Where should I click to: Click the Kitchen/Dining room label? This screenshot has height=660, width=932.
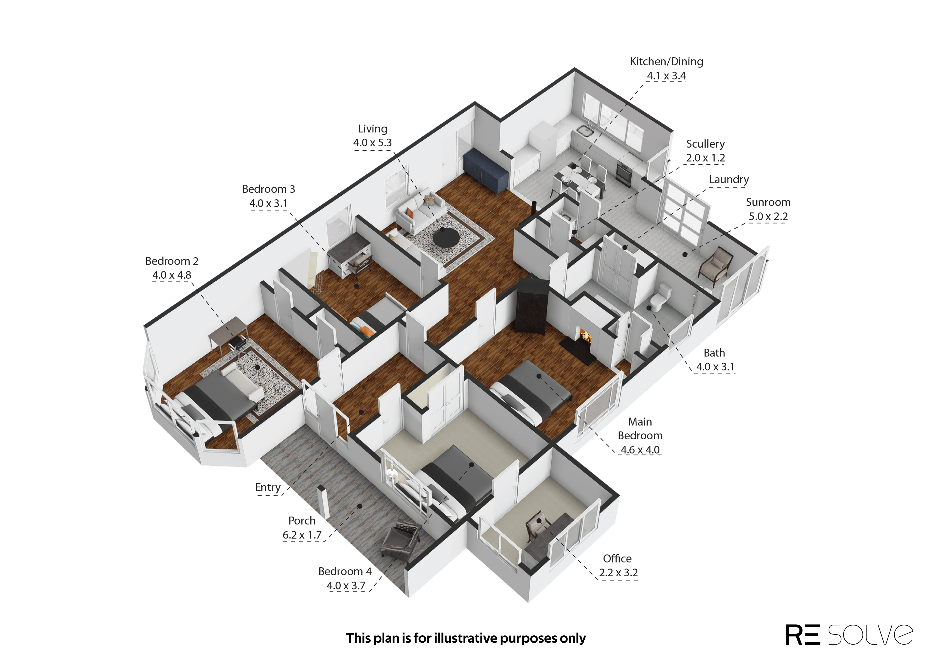(666, 61)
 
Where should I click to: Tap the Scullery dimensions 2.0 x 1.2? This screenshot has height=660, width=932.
(706, 158)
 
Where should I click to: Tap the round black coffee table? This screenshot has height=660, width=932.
(446, 237)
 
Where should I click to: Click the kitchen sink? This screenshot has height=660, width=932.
(584, 130)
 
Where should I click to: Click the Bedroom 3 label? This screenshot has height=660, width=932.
(269, 189)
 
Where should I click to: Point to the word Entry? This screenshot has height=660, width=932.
(268, 487)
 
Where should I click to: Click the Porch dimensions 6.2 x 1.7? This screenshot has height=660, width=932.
(302, 535)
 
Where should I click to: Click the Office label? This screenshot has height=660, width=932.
(617, 558)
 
